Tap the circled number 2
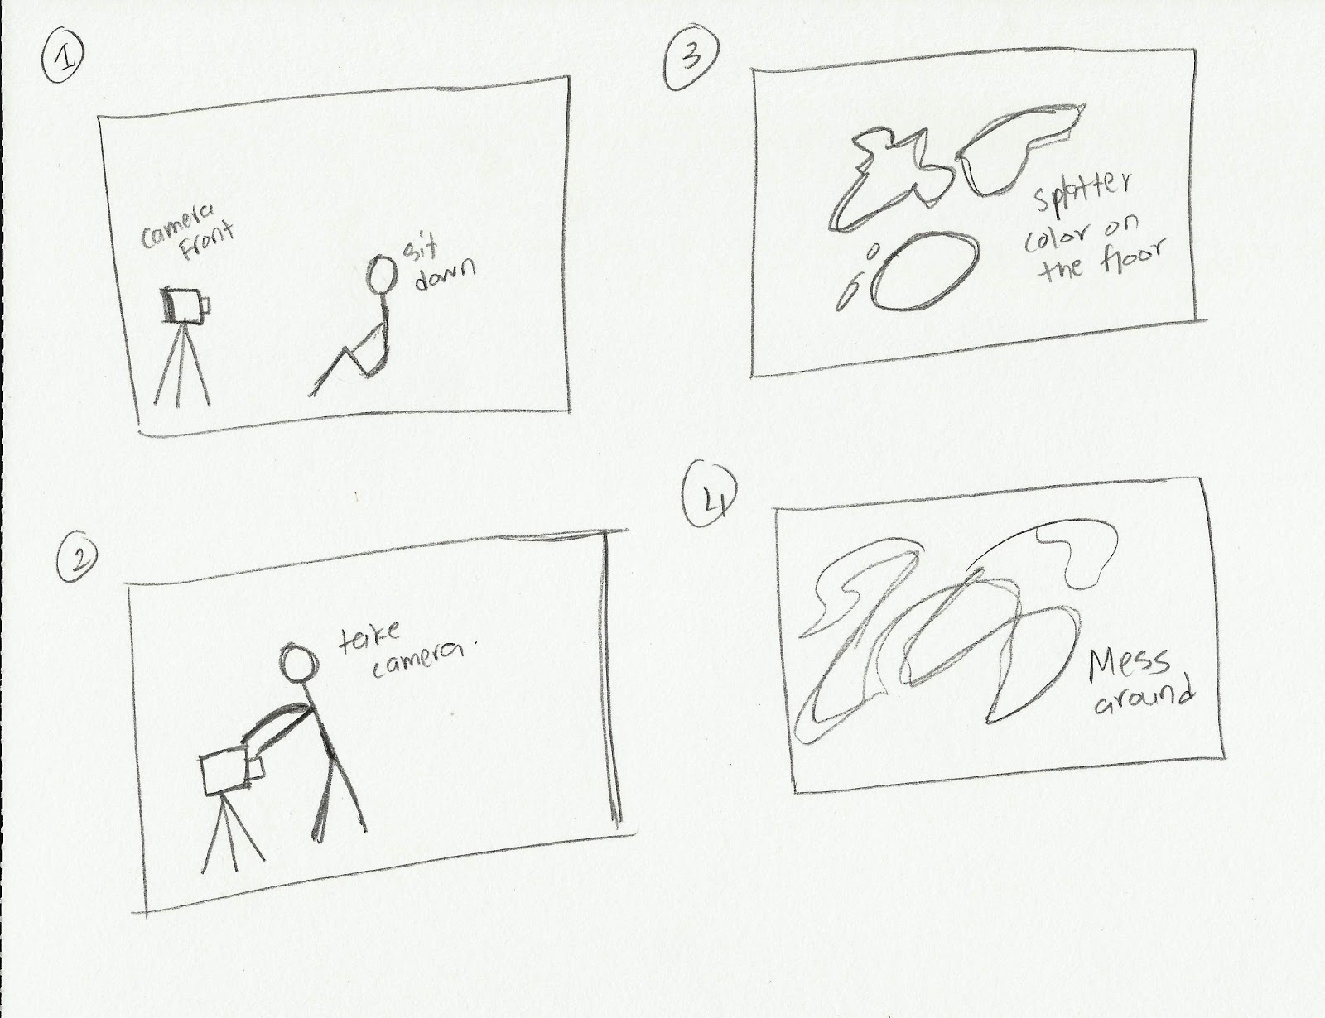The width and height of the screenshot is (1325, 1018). pyautogui.click(x=78, y=559)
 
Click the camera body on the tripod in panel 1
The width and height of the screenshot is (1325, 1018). pyautogui.click(x=186, y=305)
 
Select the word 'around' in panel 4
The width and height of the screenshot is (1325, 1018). pyautogui.click(x=1144, y=700)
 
